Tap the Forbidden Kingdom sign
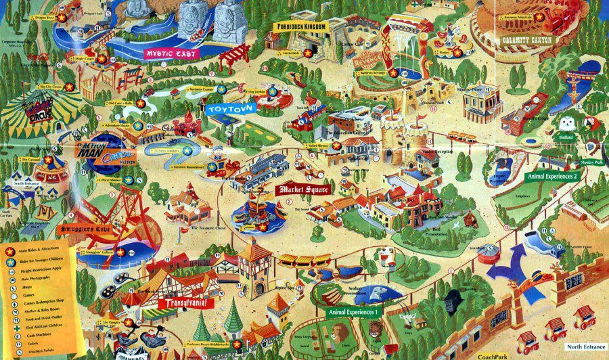pyautogui.click(x=300, y=26)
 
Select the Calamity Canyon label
pyautogui.click(x=526, y=40)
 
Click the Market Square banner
pyautogui.click(x=304, y=189)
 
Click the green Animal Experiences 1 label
pyautogui.click(x=353, y=312)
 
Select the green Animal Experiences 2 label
pyautogui.click(x=552, y=176)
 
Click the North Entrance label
pyautogui.click(x=584, y=346)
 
